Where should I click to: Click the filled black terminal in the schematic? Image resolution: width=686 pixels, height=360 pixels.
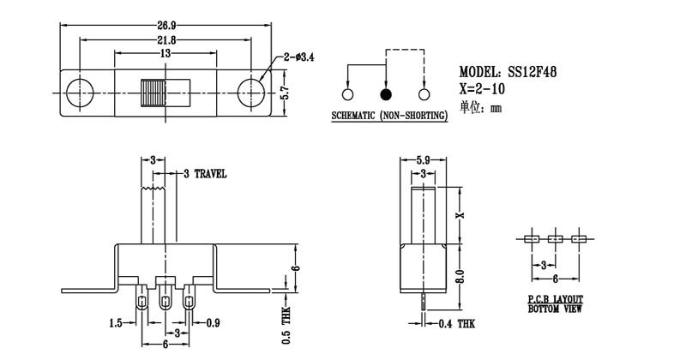386,94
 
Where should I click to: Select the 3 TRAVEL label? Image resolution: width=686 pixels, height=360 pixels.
204,173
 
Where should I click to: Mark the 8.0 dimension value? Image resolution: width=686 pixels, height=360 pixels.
459,276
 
